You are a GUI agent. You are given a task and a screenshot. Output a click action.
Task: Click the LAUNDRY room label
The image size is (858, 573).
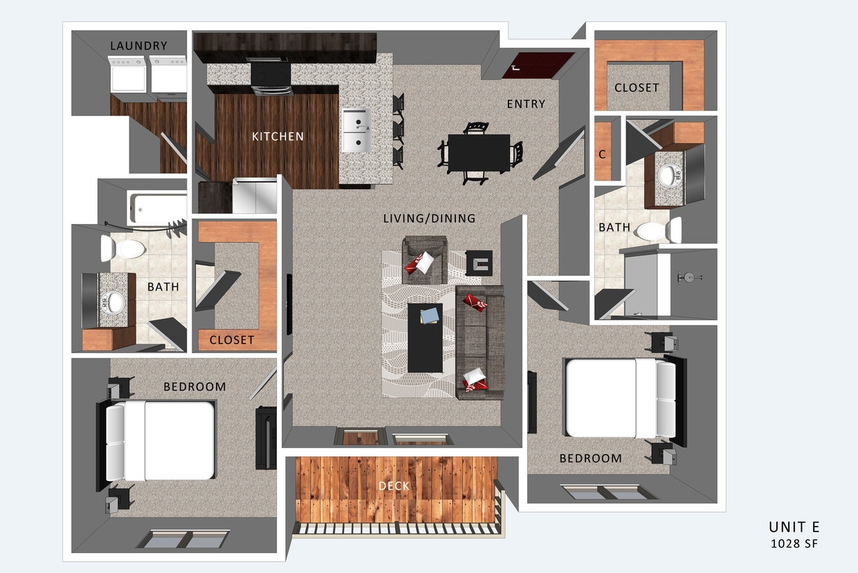(138, 46)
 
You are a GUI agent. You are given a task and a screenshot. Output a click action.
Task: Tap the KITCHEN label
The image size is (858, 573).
(277, 136)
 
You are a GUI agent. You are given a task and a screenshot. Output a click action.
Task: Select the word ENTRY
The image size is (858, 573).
(526, 104)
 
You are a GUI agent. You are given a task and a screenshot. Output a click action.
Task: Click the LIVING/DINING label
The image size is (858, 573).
(429, 218)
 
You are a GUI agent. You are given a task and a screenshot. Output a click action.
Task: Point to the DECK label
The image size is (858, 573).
(394, 486)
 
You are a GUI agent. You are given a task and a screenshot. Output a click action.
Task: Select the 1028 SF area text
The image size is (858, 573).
(794, 544)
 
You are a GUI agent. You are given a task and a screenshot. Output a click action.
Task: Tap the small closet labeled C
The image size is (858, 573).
(602, 155)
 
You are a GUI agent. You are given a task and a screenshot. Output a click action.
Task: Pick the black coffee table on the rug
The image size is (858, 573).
(424, 337)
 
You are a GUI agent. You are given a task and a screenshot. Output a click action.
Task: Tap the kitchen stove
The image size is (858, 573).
(271, 77)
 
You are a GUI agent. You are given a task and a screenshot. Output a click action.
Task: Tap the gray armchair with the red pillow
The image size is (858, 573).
(424, 260)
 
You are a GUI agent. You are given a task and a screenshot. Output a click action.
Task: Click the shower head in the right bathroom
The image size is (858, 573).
(689, 278)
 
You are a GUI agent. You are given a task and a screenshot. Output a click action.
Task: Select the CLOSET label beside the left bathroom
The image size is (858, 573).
(231, 340)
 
